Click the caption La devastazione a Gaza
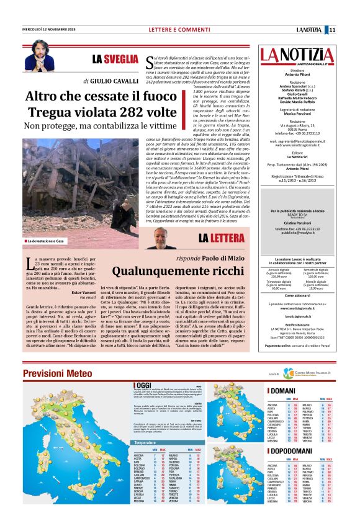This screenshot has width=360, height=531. (47, 240)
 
